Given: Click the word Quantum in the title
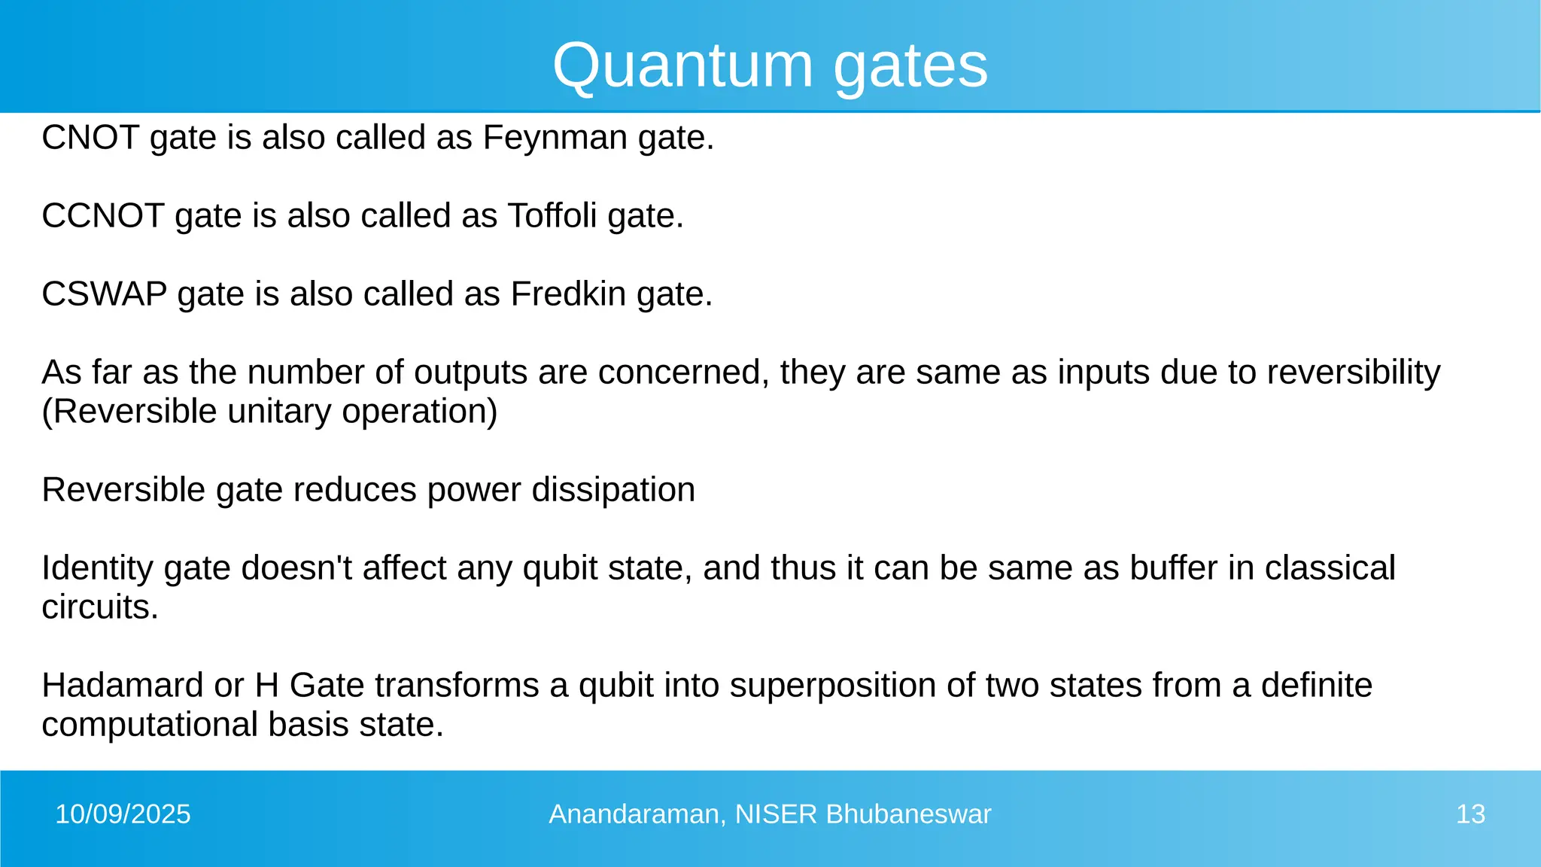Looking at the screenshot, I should tap(682, 66).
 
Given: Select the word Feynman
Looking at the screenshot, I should tap(555, 138).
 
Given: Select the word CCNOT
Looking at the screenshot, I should tap(102, 216).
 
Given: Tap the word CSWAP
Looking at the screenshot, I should tap(104, 294).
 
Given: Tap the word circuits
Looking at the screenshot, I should tap(99, 607).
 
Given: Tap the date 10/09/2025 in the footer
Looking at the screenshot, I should tap(123, 814).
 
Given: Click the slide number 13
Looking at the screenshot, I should tap(1470, 814).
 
